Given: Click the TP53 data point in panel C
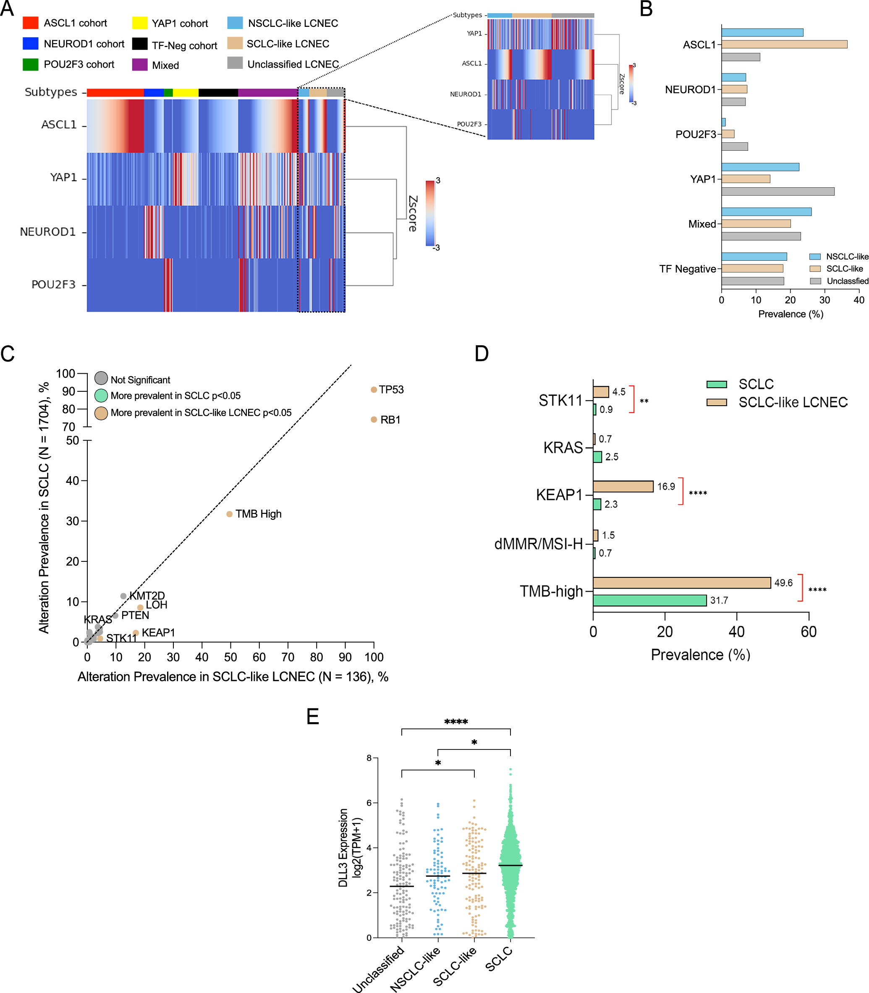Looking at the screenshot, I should (x=373, y=390).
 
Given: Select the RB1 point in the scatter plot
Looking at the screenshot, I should (x=373, y=419).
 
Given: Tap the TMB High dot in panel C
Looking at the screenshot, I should (x=229, y=514).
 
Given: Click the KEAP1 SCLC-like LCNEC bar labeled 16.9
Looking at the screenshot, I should (x=623, y=486).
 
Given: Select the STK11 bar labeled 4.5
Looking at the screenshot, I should (x=600, y=391).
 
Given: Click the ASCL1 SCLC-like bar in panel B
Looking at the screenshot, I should (x=784, y=45).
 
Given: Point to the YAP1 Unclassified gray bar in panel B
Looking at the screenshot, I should (x=777, y=191).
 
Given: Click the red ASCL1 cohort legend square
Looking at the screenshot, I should (x=31, y=23).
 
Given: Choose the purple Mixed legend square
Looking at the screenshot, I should (x=140, y=65).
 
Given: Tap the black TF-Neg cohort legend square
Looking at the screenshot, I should (x=140, y=44).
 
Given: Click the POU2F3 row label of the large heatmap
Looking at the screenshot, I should (x=53, y=285).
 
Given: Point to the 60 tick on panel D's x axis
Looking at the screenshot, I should (x=809, y=631).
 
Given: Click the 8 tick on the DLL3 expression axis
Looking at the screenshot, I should (x=369, y=758).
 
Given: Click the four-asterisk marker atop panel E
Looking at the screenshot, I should (x=456, y=722).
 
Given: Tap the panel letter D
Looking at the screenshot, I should (x=481, y=354).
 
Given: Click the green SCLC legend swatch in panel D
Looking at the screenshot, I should (x=716, y=384).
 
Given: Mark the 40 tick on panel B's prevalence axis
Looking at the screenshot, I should (x=859, y=300).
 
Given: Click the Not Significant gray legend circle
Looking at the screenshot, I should (x=101, y=378).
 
